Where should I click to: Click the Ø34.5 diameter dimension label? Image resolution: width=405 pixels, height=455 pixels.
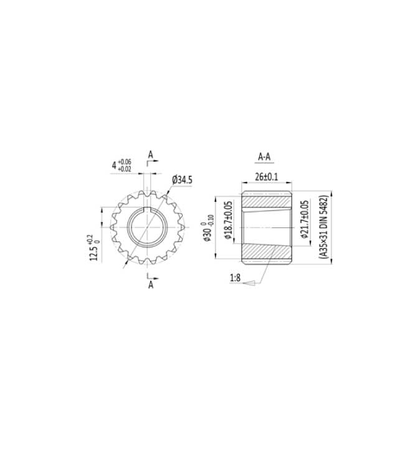coord(182,180)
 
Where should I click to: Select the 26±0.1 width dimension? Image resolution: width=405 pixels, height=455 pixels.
coord(266,177)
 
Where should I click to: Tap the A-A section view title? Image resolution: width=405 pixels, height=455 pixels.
coord(264,156)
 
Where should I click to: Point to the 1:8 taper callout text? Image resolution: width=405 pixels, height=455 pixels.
coord(236,278)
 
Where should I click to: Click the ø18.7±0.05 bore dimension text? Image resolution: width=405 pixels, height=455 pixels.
coord(229,220)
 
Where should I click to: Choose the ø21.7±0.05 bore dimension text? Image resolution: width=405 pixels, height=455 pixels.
coord(304,219)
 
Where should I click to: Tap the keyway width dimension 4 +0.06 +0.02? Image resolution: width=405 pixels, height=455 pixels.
coord(121,166)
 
